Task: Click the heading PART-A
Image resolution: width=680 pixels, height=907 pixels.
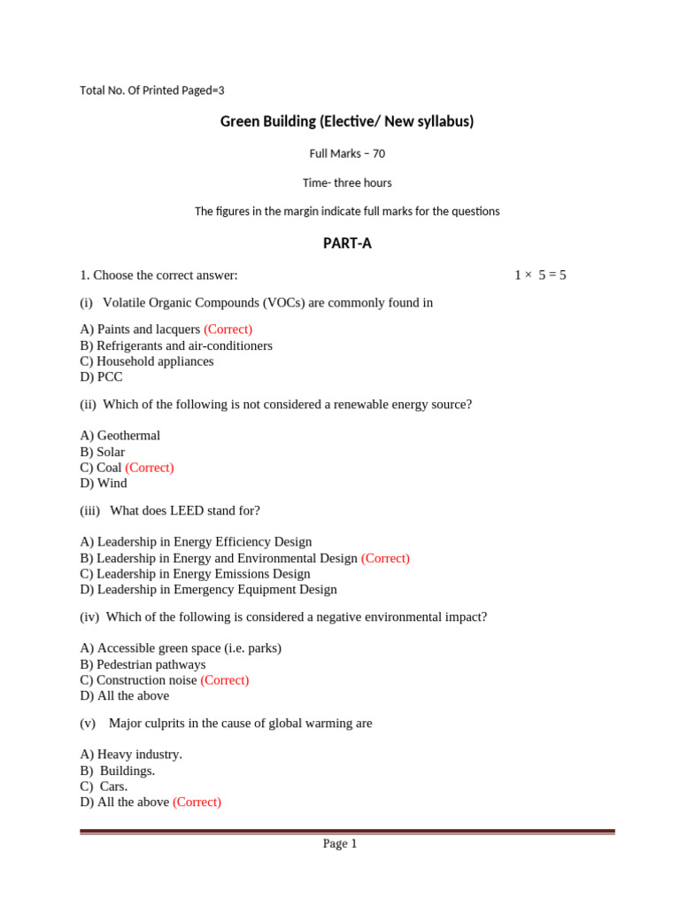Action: pos(346,244)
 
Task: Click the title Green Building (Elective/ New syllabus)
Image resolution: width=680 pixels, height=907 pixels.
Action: pos(346,121)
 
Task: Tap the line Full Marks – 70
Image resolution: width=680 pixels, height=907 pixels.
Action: pos(346,154)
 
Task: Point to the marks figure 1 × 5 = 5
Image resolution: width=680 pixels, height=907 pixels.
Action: pos(539,275)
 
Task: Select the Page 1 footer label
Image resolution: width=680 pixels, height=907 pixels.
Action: pos(339,844)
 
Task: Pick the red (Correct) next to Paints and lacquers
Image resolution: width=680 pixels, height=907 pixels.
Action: pos(228,329)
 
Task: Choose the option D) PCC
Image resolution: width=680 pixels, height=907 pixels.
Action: pos(101,377)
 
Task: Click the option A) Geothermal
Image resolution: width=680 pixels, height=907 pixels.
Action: pos(120,436)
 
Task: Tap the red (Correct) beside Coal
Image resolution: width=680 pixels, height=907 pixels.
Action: pos(150,468)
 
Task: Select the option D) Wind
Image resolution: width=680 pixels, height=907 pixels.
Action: pos(104,484)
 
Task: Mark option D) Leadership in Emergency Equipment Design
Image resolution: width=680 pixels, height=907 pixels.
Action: pos(208,590)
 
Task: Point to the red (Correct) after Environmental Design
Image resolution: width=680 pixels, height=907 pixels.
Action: pos(385,559)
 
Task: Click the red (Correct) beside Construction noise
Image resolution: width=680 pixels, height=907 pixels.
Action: pos(225,680)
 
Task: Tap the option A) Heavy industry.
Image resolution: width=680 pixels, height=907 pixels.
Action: pos(131,755)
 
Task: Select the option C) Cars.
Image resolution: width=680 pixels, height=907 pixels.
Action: pos(104,787)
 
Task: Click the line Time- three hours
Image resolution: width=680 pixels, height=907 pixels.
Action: pos(346,183)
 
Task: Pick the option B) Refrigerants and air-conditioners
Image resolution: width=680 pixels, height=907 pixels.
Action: pos(176,345)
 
